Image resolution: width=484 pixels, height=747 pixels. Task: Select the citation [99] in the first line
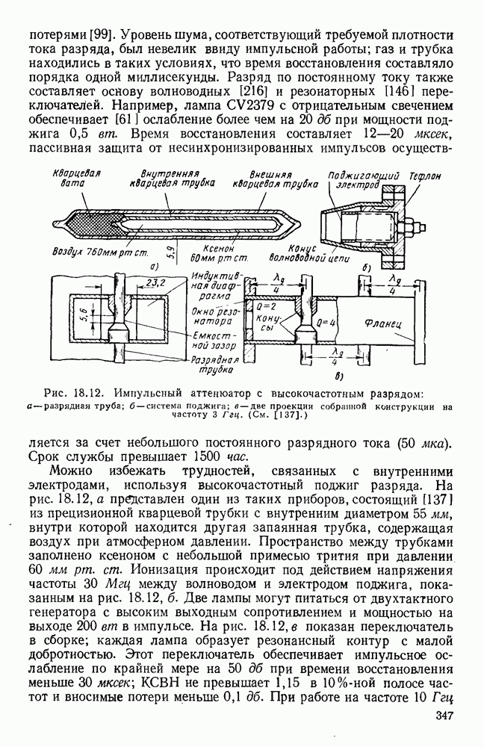(x=101, y=35)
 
